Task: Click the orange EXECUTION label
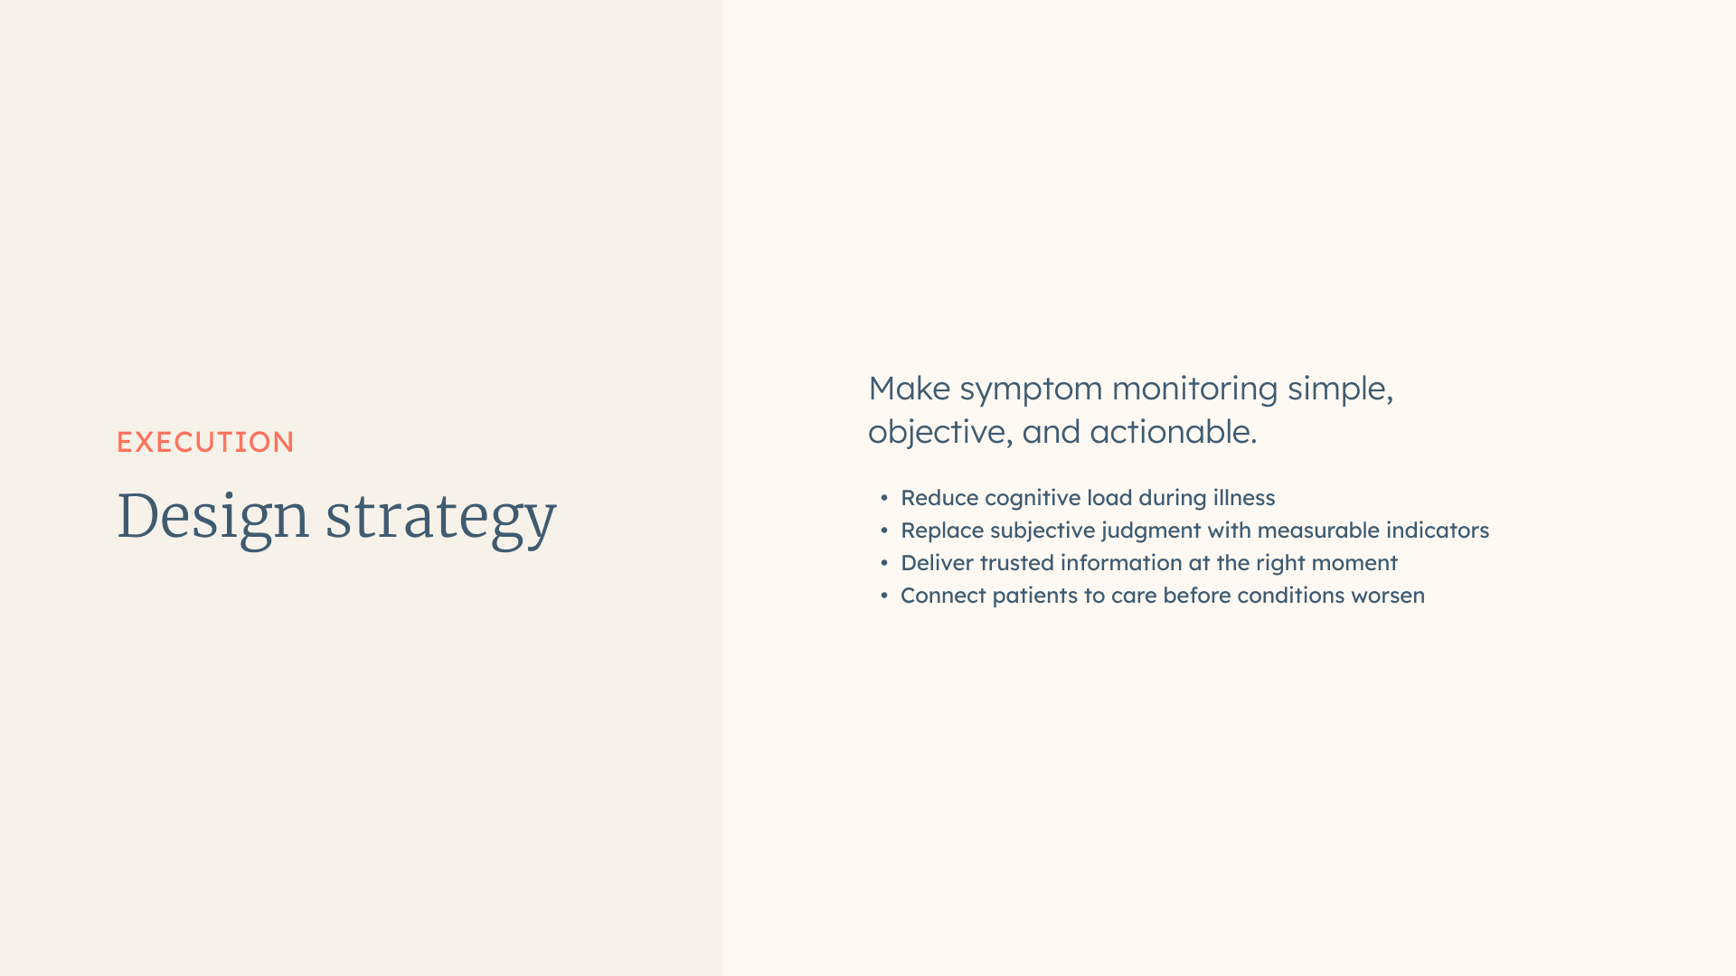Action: (x=205, y=442)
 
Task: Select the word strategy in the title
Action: (x=440, y=520)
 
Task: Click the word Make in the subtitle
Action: (x=909, y=389)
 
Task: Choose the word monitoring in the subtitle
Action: (x=1194, y=391)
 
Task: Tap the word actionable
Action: (x=1174, y=432)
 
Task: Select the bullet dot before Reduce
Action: (x=884, y=498)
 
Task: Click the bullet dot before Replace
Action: (x=884, y=530)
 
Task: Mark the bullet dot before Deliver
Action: (x=884, y=563)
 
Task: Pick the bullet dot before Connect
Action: (x=884, y=596)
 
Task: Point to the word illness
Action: (x=1244, y=498)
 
